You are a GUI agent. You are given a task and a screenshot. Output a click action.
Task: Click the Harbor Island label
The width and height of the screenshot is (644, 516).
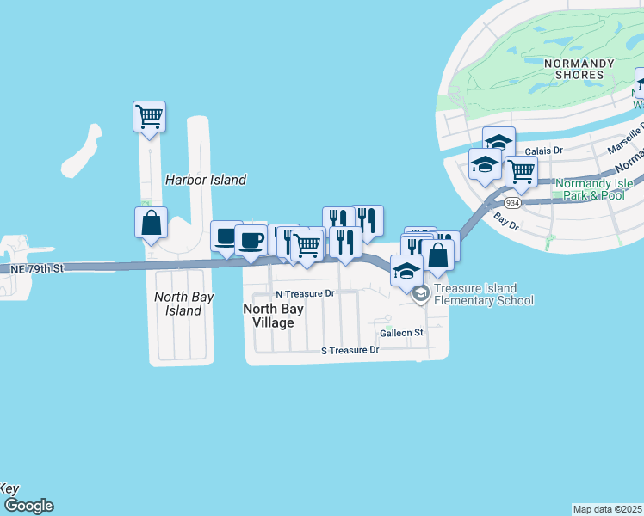pos(205,180)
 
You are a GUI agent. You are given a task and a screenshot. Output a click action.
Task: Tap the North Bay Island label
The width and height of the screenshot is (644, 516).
pos(177,303)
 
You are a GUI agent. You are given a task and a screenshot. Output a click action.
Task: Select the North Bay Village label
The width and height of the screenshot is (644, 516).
pos(269,316)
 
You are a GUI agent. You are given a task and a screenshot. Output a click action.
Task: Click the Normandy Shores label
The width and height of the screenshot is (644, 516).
pos(579,69)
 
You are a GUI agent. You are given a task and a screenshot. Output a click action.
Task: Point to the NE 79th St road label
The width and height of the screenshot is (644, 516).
pos(37,269)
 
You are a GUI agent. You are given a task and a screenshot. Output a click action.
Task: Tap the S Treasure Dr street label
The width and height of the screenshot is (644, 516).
pos(350,350)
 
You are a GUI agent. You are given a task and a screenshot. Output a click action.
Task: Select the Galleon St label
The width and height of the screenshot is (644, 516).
pos(402,332)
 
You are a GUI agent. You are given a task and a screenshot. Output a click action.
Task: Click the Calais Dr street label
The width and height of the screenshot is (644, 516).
pos(542,150)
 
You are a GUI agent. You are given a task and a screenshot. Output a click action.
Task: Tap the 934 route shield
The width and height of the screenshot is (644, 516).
pos(512,202)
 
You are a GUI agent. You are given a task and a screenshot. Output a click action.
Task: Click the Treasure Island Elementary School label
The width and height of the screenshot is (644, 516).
pos(483,294)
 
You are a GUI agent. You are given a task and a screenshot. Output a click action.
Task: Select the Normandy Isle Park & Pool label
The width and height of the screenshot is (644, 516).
pos(594,189)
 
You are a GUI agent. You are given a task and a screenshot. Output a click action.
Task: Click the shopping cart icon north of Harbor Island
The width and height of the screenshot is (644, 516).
pos(149,114)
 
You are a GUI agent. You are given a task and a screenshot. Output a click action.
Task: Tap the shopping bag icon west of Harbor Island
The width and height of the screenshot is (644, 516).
pos(151,221)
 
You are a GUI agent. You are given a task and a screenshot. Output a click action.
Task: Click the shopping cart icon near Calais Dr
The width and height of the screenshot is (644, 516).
pos(520,170)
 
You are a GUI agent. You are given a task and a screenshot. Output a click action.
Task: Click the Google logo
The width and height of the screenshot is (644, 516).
pos(28,506)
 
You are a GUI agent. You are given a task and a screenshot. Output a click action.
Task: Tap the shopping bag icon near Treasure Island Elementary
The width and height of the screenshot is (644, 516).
pos(438,255)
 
